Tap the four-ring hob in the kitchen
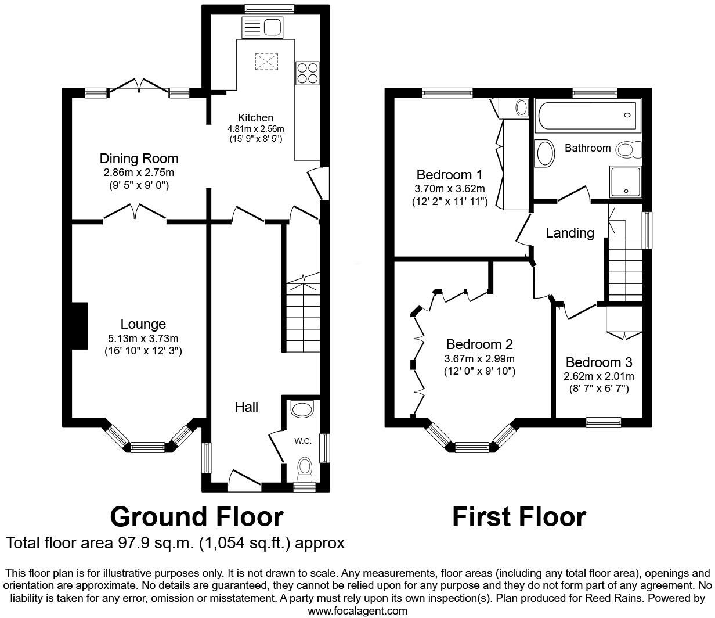pyautogui.click(x=307, y=73)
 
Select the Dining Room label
pyautogui.click(x=139, y=159)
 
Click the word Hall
pyautogui.click(x=247, y=407)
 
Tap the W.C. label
pyautogui.click(x=303, y=441)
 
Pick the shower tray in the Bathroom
pyautogui.click(x=625, y=181)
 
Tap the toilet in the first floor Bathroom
pyautogui.click(x=628, y=150)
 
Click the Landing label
pyautogui.click(x=570, y=233)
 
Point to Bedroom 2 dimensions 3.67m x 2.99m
pyautogui.click(x=479, y=359)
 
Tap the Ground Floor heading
pyautogui.click(x=197, y=516)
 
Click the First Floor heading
pyautogui.click(x=519, y=516)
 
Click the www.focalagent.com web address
pyautogui.click(x=357, y=611)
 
